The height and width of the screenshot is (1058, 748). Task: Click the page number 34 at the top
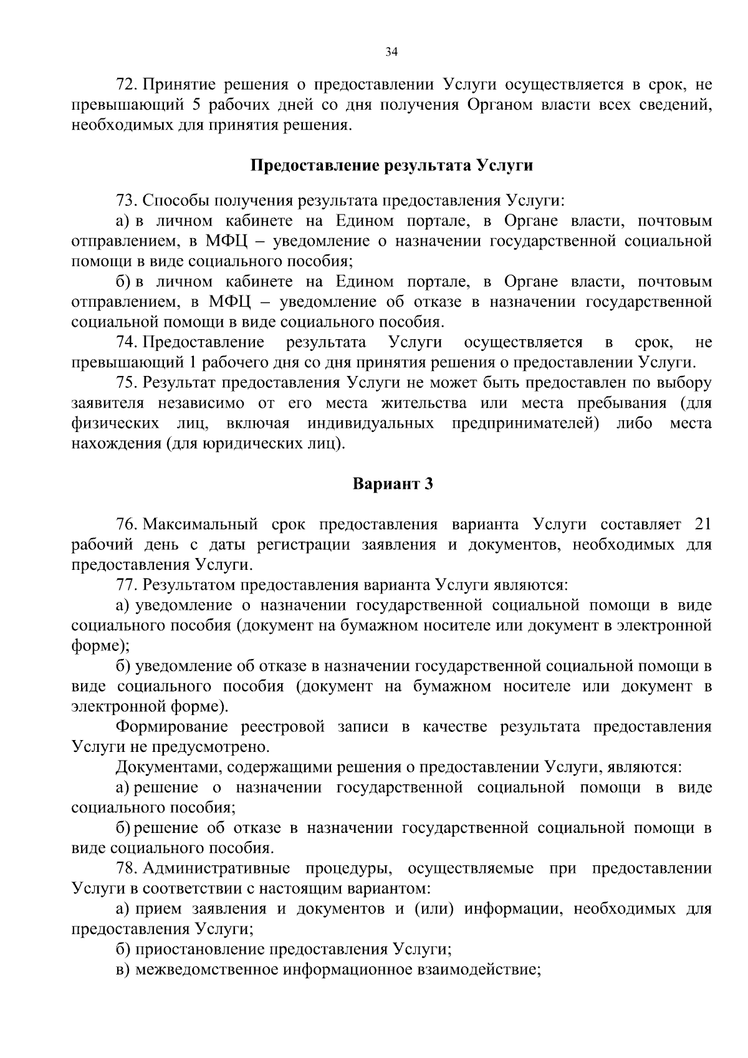[x=391, y=52]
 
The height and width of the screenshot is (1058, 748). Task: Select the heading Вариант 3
[x=392, y=484]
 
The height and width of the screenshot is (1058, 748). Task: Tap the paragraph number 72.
[x=126, y=84]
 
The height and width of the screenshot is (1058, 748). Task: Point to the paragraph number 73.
[x=126, y=201]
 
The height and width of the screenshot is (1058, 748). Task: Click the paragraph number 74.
[x=126, y=342]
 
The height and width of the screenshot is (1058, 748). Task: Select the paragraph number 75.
[x=126, y=383]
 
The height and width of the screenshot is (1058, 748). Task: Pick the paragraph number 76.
[x=126, y=524]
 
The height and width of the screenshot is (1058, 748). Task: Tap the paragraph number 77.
[x=126, y=585]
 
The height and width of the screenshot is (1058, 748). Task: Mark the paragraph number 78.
[x=126, y=869]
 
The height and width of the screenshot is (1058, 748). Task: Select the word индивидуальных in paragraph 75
[x=370, y=424]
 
